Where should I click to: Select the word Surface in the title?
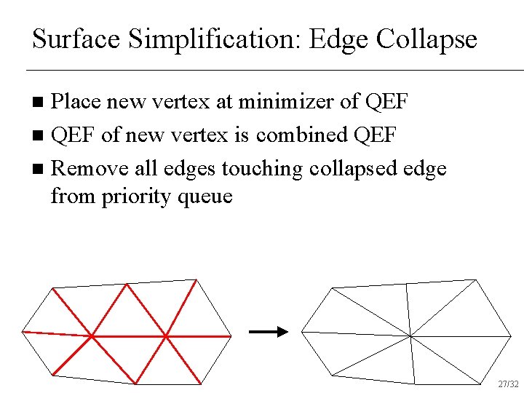[x=77, y=39]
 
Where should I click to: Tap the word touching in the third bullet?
[x=263, y=168]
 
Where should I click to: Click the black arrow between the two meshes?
[x=268, y=332]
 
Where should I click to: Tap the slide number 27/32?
[x=508, y=384]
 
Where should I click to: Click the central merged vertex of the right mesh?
[x=410, y=336]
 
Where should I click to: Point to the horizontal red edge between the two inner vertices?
[x=129, y=336]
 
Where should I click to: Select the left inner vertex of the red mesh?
[x=91, y=336]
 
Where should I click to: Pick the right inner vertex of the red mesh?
[x=166, y=336]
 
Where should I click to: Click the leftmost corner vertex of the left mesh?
[x=23, y=332]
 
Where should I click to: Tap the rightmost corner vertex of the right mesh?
[x=511, y=336]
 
